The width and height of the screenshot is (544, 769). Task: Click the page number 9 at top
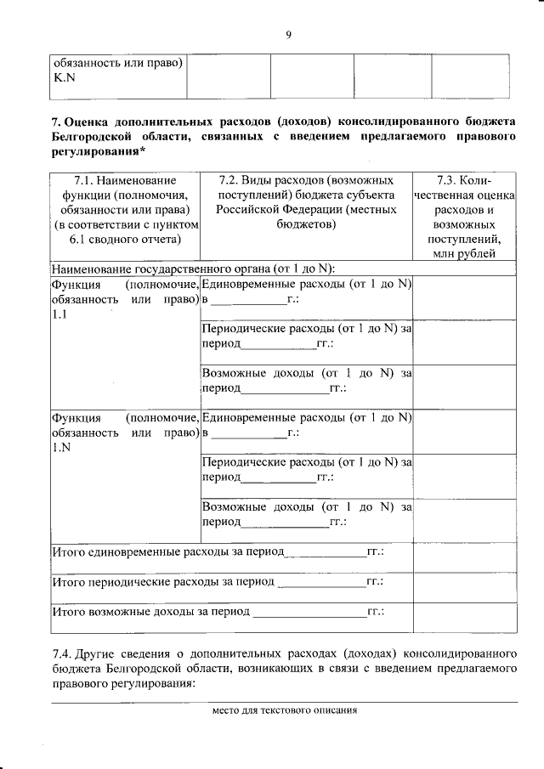pyautogui.click(x=288, y=34)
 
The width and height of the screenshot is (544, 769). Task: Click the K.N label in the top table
pyautogui.click(x=65, y=78)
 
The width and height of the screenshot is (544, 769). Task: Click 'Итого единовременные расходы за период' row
pyautogui.click(x=167, y=551)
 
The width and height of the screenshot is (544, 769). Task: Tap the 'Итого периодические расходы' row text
pyautogui.click(x=163, y=582)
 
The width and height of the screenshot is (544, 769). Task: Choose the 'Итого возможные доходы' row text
pyautogui.click(x=151, y=611)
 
